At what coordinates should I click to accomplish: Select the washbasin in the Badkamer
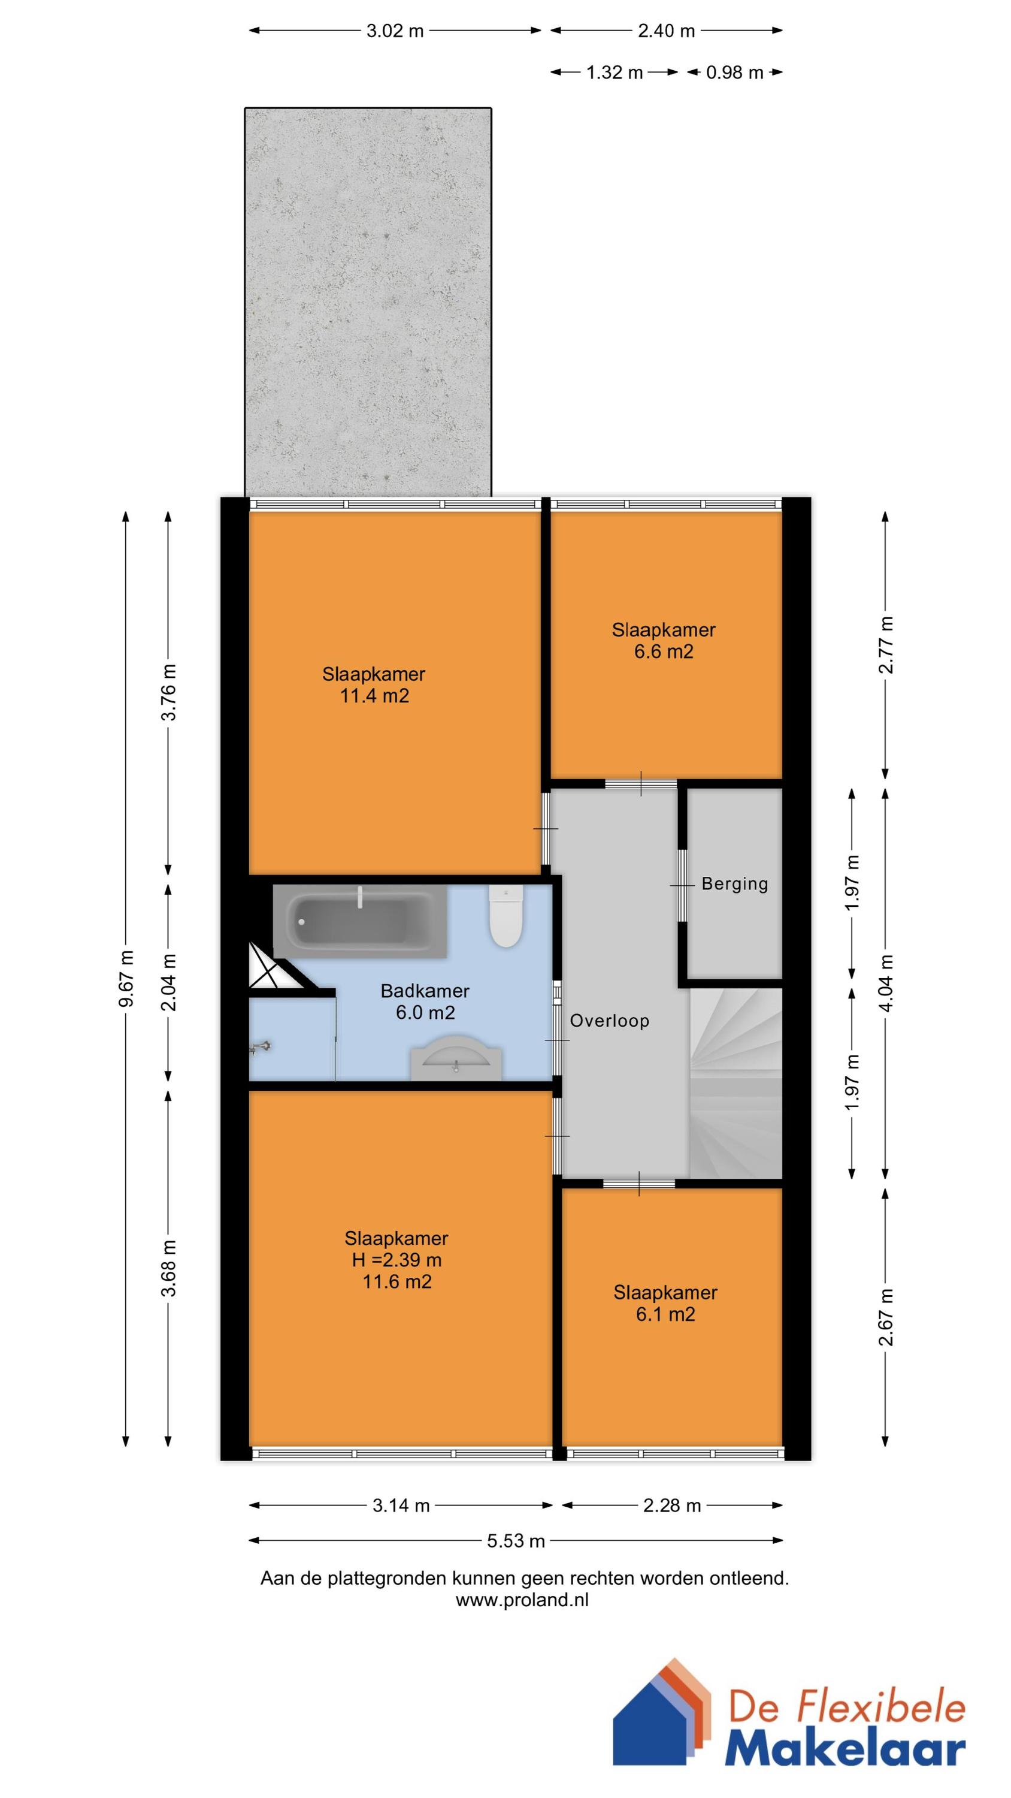(x=456, y=1064)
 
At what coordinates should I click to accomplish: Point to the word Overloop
(x=609, y=1021)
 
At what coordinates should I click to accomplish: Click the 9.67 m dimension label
(x=126, y=979)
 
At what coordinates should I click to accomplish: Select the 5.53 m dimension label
(x=516, y=1541)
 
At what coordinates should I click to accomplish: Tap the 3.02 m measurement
(x=395, y=31)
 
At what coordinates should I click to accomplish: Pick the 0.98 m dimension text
(x=734, y=73)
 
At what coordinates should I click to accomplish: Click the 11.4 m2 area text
(x=374, y=696)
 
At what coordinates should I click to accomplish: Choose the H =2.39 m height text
(x=396, y=1260)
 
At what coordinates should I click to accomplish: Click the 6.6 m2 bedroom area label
(x=664, y=652)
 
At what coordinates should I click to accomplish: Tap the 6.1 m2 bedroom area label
(x=665, y=1315)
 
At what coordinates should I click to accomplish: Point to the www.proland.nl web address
(x=522, y=1600)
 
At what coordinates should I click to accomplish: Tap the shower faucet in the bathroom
(x=261, y=1047)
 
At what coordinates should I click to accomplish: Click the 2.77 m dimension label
(x=885, y=645)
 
